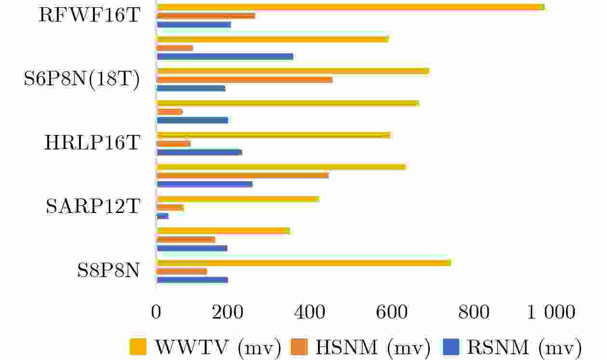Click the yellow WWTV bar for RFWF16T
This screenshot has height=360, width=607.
350,7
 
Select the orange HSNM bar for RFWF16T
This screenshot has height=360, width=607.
206,16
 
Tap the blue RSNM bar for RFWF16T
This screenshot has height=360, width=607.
194,25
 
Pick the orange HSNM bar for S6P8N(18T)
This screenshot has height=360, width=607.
244,80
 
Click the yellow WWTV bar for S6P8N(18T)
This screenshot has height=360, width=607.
293,71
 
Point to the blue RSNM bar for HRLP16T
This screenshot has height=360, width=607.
199,152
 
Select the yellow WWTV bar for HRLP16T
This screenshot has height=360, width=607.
273,135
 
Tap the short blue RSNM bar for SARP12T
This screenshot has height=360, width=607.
162,216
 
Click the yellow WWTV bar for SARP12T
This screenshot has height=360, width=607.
238,199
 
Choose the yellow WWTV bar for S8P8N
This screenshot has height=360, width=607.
303,263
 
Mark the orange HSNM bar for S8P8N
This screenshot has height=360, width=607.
182,271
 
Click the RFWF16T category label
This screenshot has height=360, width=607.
89,15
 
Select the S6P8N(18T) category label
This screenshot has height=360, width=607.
81,80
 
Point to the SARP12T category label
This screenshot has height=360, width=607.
92,207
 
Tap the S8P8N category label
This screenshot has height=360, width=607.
108,271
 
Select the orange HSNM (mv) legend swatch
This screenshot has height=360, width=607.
299,346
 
